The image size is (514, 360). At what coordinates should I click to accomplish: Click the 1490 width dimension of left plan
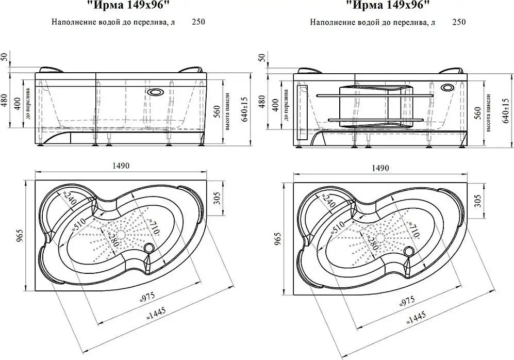point(120,166)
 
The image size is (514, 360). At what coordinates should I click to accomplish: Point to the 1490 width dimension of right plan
point(379,169)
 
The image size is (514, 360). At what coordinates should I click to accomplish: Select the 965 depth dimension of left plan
point(20,236)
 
